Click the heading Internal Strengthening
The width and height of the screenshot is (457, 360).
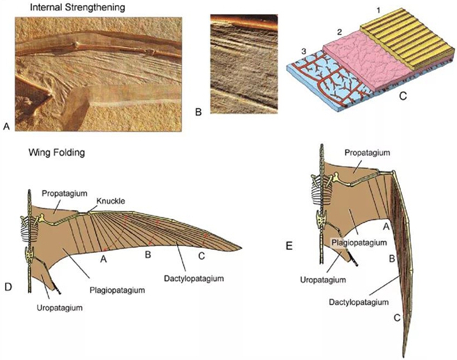coord(77,7)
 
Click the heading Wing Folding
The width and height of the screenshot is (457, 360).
coord(56,152)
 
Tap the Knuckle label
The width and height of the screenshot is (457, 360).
coord(111,200)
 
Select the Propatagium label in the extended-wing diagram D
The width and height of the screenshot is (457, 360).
coord(65,194)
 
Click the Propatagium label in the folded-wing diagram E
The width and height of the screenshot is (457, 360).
coord(367,153)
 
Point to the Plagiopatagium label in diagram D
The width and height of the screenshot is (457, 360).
coord(117,290)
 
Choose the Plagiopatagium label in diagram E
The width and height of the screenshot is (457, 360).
coord(359,243)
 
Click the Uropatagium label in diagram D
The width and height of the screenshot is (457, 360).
coord(60,307)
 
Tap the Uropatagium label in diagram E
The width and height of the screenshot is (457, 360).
coord(323,280)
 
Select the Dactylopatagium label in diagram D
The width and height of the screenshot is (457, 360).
coord(194,278)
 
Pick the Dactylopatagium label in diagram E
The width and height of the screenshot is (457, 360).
coord(359,302)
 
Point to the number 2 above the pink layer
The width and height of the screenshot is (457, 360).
coord(339,32)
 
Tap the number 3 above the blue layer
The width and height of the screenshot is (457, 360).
coord(304,52)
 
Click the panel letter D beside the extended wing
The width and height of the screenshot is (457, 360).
coord(8,286)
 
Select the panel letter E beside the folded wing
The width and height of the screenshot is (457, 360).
coord(289,246)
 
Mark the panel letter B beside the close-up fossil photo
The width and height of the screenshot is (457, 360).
coord(198,112)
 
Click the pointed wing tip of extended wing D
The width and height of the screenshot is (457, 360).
coord(242,248)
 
